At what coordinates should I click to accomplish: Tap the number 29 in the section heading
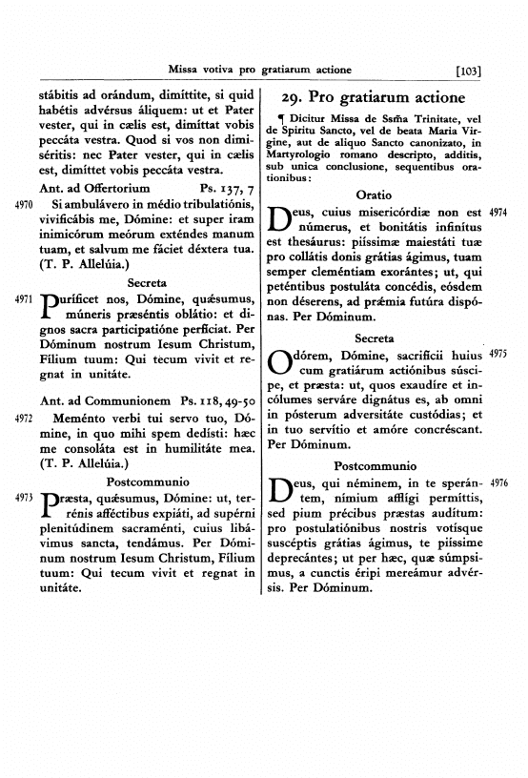294,97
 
